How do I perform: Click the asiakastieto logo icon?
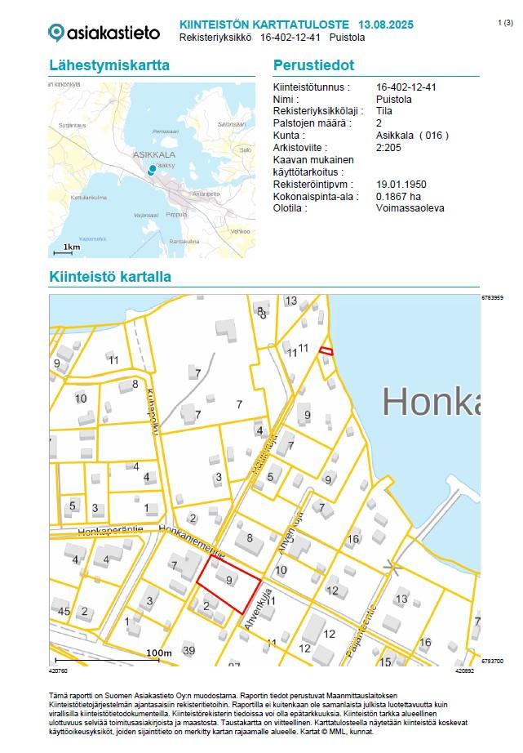pyautogui.click(x=56, y=33)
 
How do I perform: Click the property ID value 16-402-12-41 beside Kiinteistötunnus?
pyautogui.click(x=407, y=87)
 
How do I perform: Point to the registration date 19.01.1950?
pyautogui.click(x=401, y=185)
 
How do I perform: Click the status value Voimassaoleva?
pyautogui.click(x=410, y=208)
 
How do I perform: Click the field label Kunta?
pyautogui.click(x=289, y=136)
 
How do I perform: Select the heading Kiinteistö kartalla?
pyautogui.click(x=109, y=277)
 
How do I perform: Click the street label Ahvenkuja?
pyautogui.click(x=256, y=611)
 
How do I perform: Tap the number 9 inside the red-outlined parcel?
pyautogui.click(x=229, y=581)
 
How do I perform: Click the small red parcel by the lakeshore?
pyautogui.click(x=326, y=350)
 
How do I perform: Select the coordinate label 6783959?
pyautogui.click(x=493, y=298)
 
